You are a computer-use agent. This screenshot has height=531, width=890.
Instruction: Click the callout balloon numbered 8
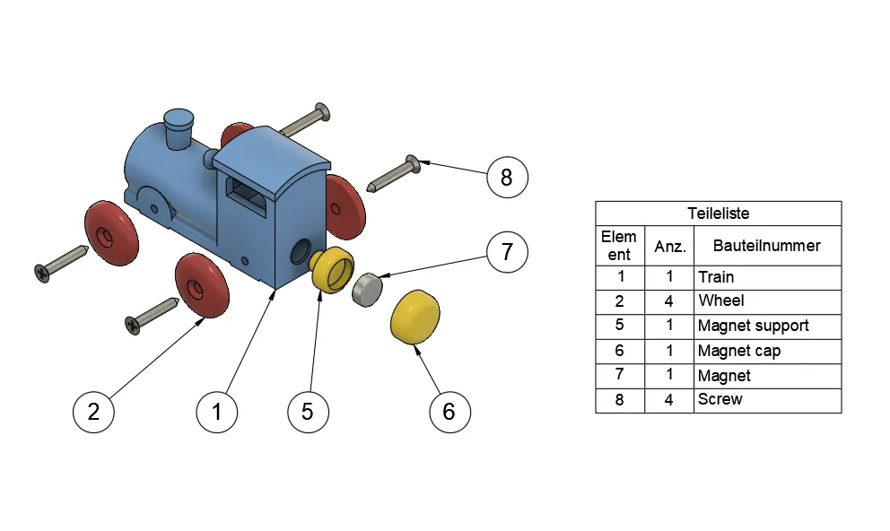click(x=507, y=178)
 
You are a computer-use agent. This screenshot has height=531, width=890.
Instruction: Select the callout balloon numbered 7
click(x=507, y=252)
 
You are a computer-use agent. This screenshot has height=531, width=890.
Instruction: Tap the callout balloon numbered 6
click(x=449, y=412)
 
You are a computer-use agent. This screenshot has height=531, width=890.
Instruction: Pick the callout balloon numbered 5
click(x=308, y=412)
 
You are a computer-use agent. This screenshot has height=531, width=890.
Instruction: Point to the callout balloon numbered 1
click(x=217, y=412)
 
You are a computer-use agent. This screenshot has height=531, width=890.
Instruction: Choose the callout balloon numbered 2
click(x=93, y=412)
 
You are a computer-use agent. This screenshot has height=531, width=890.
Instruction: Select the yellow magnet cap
click(x=414, y=317)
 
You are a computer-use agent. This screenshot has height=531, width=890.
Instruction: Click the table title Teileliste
click(x=718, y=213)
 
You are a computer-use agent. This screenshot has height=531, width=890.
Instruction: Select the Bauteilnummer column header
click(x=766, y=245)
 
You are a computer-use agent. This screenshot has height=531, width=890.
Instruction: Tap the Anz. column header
click(x=669, y=245)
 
